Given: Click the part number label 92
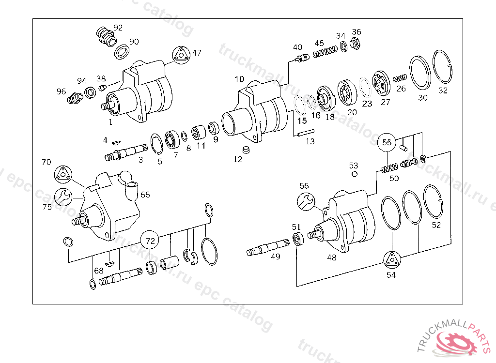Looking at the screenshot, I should tap(118, 27).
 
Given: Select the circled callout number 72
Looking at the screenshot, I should tap(151, 240).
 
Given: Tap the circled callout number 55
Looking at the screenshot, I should tap(387, 142).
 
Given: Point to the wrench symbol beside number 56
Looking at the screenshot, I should tap(305, 201).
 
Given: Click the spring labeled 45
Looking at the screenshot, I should tap(325, 51).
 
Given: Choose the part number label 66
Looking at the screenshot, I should tap(145, 195).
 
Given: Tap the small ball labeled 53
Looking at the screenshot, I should tap(355, 174).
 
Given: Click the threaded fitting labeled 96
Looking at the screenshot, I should tap(74, 98).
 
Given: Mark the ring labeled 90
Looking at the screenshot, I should tap(122, 51).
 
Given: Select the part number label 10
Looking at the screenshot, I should tap(240, 79).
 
